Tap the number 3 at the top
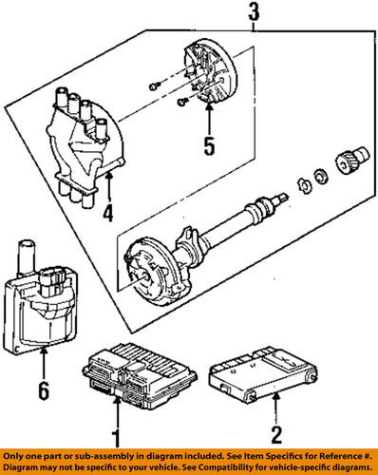[253, 13]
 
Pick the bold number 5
[210, 147]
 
